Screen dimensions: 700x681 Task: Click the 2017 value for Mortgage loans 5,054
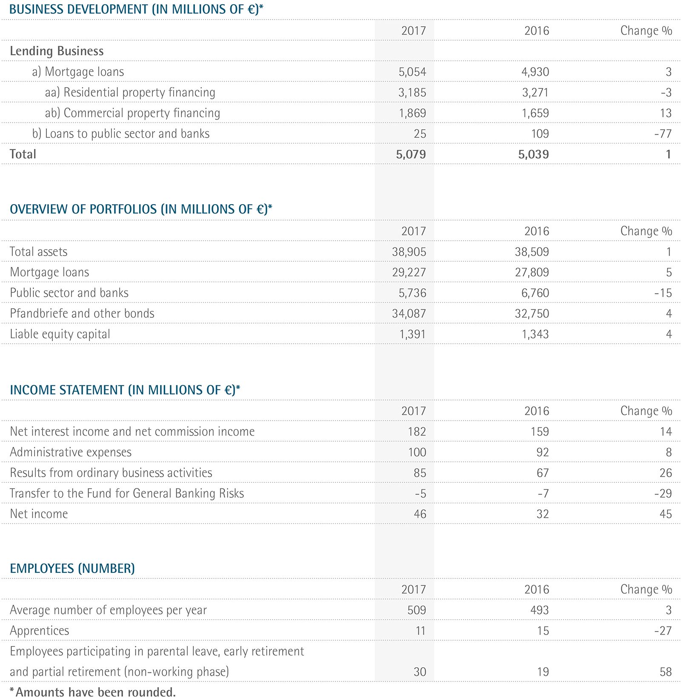click(412, 72)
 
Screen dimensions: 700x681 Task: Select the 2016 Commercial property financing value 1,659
click(535, 113)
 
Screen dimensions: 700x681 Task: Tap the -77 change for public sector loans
click(663, 134)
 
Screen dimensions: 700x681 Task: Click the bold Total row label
click(23, 154)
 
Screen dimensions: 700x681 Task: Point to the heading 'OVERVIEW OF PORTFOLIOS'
click(140, 209)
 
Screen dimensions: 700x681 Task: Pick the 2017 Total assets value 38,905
click(409, 252)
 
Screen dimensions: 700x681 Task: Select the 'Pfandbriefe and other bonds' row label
click(82, 313)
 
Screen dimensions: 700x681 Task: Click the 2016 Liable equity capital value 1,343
click(535, 334)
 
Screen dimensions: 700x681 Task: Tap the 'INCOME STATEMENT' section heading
click(125, 390)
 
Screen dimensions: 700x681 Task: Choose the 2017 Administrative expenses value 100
click(417, 452)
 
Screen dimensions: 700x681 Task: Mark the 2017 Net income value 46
click(420, 514)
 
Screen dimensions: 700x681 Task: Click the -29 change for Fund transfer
click(663, 494)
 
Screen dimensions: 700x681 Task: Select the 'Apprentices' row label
click(40, 631)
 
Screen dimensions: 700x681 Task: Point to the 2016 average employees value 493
click(539, 610)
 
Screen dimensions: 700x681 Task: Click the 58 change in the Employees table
click(665, 672)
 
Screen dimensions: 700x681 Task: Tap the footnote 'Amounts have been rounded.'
click(92, 692)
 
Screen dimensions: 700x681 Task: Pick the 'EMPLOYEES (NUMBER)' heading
click(72, 569)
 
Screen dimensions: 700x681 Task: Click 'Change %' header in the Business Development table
click(646, 31)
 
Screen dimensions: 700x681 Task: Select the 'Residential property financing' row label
click(130, 93)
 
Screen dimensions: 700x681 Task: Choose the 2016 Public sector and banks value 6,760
click(532, 293)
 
